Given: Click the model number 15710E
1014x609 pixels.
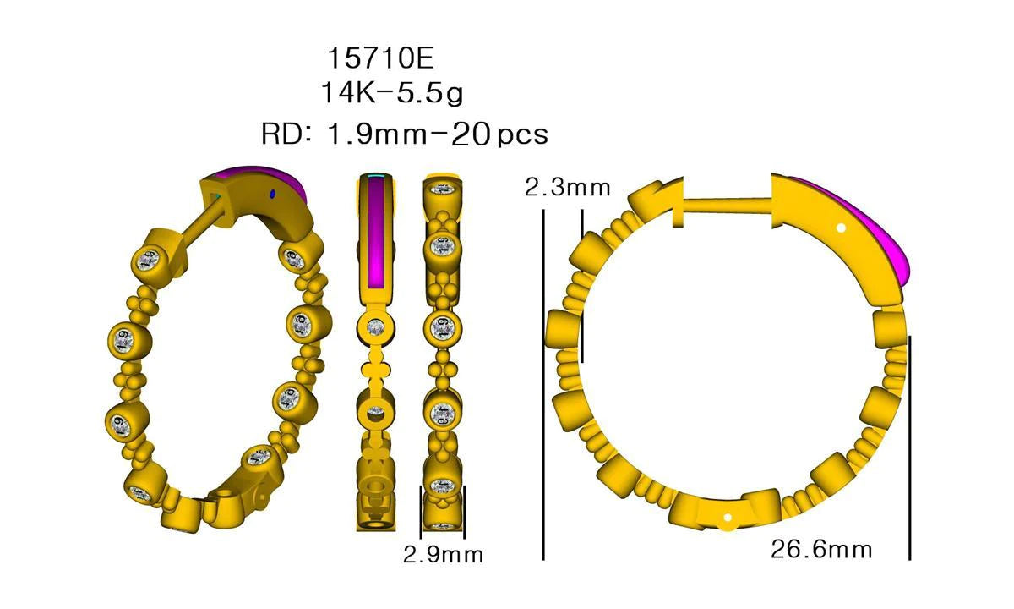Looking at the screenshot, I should pos(379,58).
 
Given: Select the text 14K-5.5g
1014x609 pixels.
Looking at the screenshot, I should pos(391,92).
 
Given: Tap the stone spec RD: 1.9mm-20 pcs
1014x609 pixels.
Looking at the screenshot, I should pos(405,134).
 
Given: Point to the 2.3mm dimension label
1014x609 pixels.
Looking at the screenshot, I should pos(567,188).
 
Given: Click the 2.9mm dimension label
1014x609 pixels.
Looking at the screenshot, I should pos(443,555).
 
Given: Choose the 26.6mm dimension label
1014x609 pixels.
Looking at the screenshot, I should pos(820,550).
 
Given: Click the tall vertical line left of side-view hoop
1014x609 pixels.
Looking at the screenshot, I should pos(542,381).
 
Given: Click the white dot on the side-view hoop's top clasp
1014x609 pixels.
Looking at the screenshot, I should pos(840,228).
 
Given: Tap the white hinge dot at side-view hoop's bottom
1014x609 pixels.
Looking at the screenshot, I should pos(728,513).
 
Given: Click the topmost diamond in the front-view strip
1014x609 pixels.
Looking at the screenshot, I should pos(443,189).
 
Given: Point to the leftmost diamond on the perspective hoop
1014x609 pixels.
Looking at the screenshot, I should pos(123,337).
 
